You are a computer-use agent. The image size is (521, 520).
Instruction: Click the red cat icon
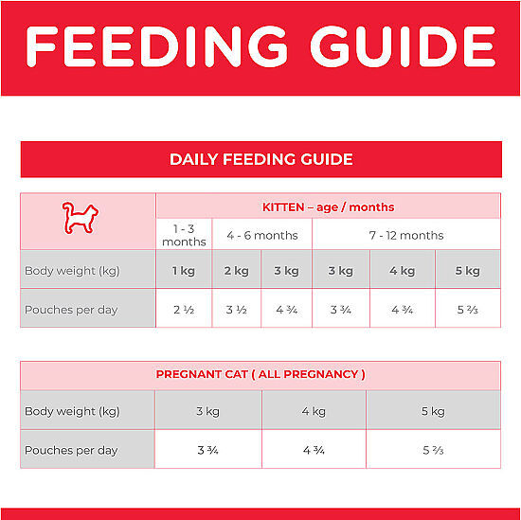pyautogui.click(x=81, y=218)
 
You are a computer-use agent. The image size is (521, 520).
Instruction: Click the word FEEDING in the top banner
pyautogui.click(x=156, y=46)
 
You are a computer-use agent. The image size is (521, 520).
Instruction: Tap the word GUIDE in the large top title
pyautogui.click(x=403, y=46)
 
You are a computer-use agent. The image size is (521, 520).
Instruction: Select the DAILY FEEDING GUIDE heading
pyautogui.click(x=261, y=159)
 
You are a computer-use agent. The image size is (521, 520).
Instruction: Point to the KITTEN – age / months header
pyautogui.click(x=329, y=207)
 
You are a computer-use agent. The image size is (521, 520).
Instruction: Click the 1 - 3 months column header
pyautogui.click(x=184, y=235)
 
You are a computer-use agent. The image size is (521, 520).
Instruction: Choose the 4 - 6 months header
pyautogui.click(x=262, y=236)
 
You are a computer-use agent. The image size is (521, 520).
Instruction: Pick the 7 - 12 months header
pyautogui.click(x=406, y=236)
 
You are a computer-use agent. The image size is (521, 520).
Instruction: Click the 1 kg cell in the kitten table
pyautogui.click(x=184, y=271)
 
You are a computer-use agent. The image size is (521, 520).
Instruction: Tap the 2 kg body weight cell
pyautogui.click(x=236, y=271)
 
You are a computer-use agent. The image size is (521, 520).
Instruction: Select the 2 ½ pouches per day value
pyautogui.click(x=184, y=310)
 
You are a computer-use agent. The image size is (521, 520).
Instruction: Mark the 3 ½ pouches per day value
pyautogui.click(x=236, y=310)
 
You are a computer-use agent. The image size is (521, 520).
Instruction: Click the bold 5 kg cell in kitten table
pyautogui.click(x=468, y=271)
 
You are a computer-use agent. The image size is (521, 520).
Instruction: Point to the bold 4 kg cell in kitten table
pyautogui.click(x=403, y=271)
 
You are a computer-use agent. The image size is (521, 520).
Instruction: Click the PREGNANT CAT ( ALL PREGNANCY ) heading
pyautogui.click(x=260, y=374)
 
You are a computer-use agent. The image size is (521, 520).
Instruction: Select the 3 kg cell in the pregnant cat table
pyautogui.click(x=208, y=411)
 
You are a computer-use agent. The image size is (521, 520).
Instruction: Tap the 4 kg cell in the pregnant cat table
pyautogui.click(x=314, y=411)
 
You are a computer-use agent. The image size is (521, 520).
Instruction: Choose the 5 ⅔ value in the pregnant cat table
pyautogui.click(x=433, y=451)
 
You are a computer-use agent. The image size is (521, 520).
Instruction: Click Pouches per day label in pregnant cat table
pyautogui.click(x=71, y=451)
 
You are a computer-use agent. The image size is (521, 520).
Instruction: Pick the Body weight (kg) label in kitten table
pyautogui.click(x=72, y=271)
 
